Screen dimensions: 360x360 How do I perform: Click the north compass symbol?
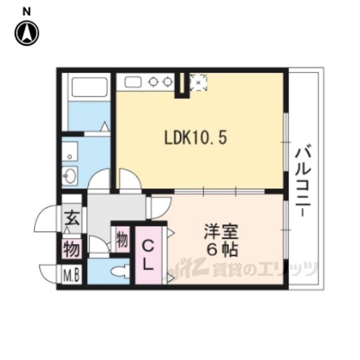[27, 33]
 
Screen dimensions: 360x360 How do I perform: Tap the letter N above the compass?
[26, 12]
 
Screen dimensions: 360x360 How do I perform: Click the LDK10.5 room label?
[196, 138]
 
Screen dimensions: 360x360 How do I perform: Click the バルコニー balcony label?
[303, 181]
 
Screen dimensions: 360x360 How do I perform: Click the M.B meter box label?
[71, 274]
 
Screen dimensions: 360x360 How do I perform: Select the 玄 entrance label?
[72, 218]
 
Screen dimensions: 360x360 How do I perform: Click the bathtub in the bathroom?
[89, 87]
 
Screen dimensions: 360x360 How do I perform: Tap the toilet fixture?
[120, 271]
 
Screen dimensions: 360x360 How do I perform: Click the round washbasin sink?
[70, 176]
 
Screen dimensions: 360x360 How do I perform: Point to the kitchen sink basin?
[133, 82]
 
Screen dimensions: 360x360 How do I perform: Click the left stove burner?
[153, 82]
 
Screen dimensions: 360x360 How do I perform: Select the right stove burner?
[168, 82]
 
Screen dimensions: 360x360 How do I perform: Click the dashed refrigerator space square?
[199, 82]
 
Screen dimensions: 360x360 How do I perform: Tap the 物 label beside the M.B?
[71, 249]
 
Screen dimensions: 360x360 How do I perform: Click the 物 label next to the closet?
[122, 240]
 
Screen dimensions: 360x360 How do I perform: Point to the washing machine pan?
[70, 151]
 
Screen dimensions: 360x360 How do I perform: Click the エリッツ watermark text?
[287, 269]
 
